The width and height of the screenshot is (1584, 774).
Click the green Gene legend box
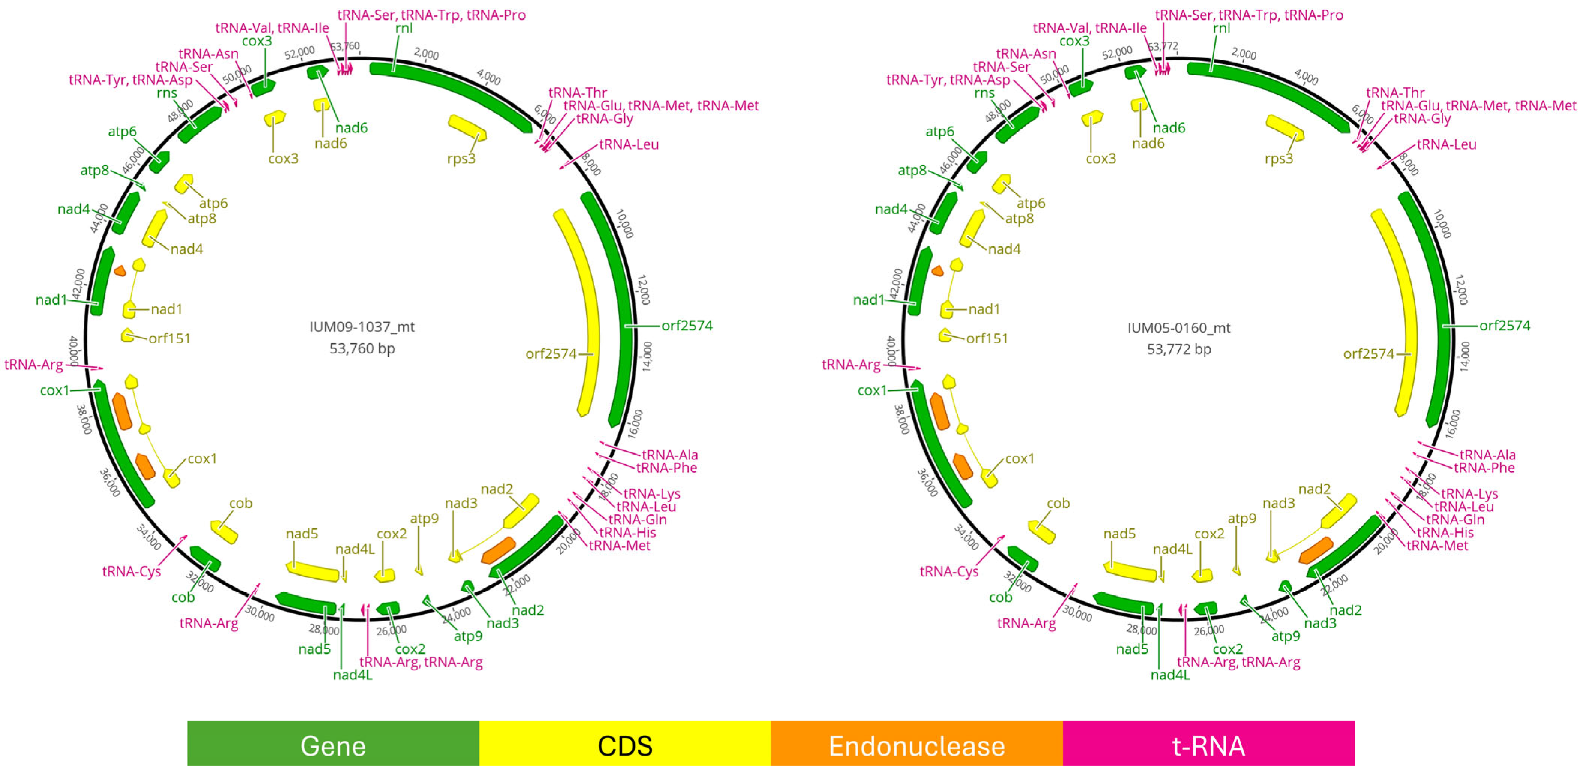click(333, 746)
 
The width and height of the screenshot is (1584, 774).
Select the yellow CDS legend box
click(625, 746)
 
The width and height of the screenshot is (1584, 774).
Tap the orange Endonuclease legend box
click(916, 746)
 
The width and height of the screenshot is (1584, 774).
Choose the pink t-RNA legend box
click(1208, 746)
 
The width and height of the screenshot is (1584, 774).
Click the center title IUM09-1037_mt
click(362, 327)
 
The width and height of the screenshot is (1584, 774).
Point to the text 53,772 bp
click(1179, 349)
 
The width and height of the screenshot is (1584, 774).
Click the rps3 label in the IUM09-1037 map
click(461, 159)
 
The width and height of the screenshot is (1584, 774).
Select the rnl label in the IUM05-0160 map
click(1221, 28)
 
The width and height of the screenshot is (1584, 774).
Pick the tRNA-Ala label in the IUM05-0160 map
click(1487, 454)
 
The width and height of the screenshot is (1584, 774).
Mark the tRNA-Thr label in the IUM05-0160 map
click(1395, 92)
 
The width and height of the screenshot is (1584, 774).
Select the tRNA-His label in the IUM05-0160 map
click(1445, 532)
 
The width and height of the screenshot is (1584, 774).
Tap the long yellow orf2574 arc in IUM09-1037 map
click(581, 307)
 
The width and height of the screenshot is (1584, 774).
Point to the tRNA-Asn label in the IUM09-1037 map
click(208, 54)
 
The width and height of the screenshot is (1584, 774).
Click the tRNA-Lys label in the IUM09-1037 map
click(652, 493)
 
